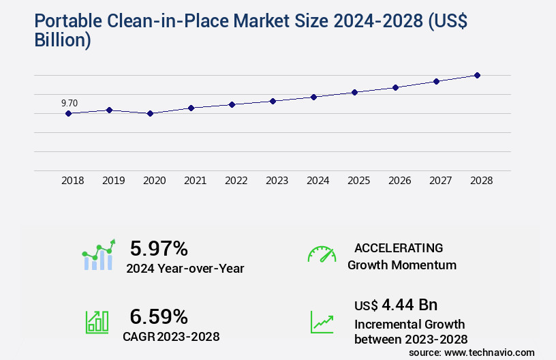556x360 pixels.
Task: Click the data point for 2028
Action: pos(477,75)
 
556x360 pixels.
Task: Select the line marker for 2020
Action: pos(150,113)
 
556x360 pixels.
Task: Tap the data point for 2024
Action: pos(313,97)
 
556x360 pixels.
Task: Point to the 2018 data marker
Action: pos(68,113)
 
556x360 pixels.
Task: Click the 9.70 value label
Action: pos(69,103)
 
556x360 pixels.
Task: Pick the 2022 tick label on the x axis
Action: pos(236,181)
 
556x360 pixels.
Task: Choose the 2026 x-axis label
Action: pos(399,181)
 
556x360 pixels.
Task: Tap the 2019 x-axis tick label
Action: pos(113,181)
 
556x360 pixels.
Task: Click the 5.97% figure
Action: pos(159,248)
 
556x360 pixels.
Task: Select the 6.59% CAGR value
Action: pos(159,316)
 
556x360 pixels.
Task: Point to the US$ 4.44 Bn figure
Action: pos(396,304)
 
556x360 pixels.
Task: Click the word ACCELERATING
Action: pos(399,247)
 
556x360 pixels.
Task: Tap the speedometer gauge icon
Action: pos(322,254)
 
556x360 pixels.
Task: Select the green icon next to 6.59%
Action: pos(97,322)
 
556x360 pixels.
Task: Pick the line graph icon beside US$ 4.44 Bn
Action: pos(322,322)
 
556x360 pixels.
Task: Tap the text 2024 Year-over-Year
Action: pos(185,268)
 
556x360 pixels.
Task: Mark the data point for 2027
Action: pos(436,81)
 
